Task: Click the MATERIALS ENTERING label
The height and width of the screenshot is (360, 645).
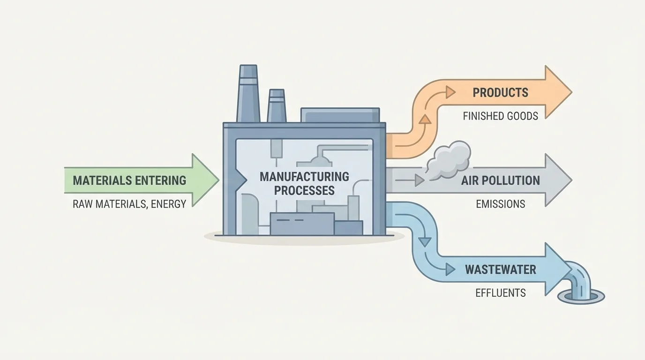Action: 129,180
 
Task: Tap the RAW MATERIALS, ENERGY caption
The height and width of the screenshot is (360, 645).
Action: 129,203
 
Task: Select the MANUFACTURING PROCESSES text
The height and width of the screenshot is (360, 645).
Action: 304,183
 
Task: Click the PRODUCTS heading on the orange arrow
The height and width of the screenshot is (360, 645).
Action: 500,92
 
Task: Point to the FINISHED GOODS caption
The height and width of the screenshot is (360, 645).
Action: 500,116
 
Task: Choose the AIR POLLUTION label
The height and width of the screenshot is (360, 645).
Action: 500,180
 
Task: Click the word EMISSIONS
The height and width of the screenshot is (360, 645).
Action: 500,204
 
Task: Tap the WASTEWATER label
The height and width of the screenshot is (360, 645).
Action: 500,270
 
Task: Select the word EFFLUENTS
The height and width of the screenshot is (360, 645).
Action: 500,293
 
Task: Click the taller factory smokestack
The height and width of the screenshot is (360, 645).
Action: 248,94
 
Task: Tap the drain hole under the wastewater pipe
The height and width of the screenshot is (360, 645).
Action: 581,297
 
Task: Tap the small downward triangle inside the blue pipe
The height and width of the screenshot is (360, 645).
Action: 425,242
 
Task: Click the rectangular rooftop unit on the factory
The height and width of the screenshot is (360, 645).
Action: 340,115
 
